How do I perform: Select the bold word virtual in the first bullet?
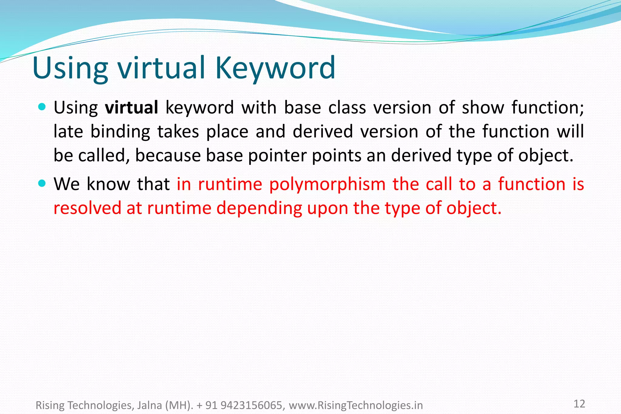[131, 108]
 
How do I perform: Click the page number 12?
[579, 404]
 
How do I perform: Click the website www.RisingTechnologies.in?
[356, 405]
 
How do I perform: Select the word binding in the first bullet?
[120, 132]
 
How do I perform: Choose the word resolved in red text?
[87, 208]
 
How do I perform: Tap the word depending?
[259, 209]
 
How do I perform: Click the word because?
[168, 155]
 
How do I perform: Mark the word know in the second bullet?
[108, 184]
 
